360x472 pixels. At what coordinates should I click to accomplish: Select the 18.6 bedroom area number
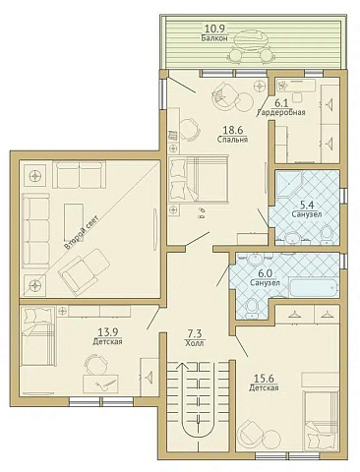pos(232,130)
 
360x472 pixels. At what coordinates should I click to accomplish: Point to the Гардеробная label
pos(281,112)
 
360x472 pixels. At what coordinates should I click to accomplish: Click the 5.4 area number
pos(307,206)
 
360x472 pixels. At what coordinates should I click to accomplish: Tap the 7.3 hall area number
pos(195,334)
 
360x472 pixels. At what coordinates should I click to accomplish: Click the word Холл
pos(195,343)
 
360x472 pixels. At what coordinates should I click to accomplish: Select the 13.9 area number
pos(108,332)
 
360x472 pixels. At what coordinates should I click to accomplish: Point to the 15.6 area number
pos(264,379)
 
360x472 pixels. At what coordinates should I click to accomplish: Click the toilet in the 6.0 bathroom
pos(252,309)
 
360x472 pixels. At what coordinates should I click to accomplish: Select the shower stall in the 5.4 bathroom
pos(288,184)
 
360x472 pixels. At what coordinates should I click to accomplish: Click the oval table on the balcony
pos(252,38)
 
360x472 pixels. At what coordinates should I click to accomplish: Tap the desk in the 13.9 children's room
pos(100,383)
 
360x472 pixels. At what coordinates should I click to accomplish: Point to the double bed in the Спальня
pos(198,179)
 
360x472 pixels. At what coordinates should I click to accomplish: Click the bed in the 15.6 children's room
pos(321,420)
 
